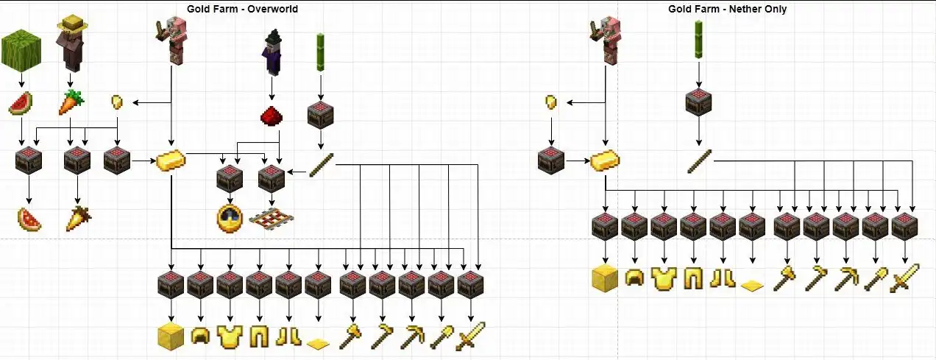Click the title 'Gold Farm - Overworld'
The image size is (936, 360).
tap(242, 9)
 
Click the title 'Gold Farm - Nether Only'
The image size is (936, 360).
tap(728, 9)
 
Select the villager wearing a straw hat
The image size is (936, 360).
tap(72, 44)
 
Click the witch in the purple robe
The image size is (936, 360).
tap(272, 53)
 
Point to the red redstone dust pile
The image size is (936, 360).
tap(272, 116)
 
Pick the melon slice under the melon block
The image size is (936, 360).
tap(21, 103)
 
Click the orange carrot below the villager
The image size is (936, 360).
tap(71, 102)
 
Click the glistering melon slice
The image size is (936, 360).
tap(29, 219)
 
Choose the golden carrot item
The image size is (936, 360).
tap(78, 219)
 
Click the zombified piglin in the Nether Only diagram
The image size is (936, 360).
tap(606, 40)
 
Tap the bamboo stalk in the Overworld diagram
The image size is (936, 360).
tap(321, 52)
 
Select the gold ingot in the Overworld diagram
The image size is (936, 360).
tap(171, 160)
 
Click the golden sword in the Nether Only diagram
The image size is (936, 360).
tap(905, 278)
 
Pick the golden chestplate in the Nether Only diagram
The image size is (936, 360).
tap(664, 278)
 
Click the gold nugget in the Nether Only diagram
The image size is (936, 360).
tap(551, 102)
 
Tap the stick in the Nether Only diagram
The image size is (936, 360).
tap(700, 161)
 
